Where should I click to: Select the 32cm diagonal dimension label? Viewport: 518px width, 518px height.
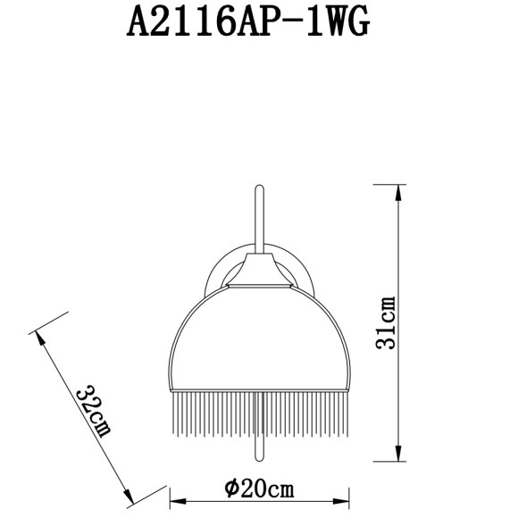pos(93,413)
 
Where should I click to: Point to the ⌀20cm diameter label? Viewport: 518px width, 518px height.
pos(260,489)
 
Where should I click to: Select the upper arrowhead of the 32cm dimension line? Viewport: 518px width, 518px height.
pos(39,338)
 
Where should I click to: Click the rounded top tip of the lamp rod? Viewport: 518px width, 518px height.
pos(259,187)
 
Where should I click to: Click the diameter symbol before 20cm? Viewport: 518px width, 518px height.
pos(231,489)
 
